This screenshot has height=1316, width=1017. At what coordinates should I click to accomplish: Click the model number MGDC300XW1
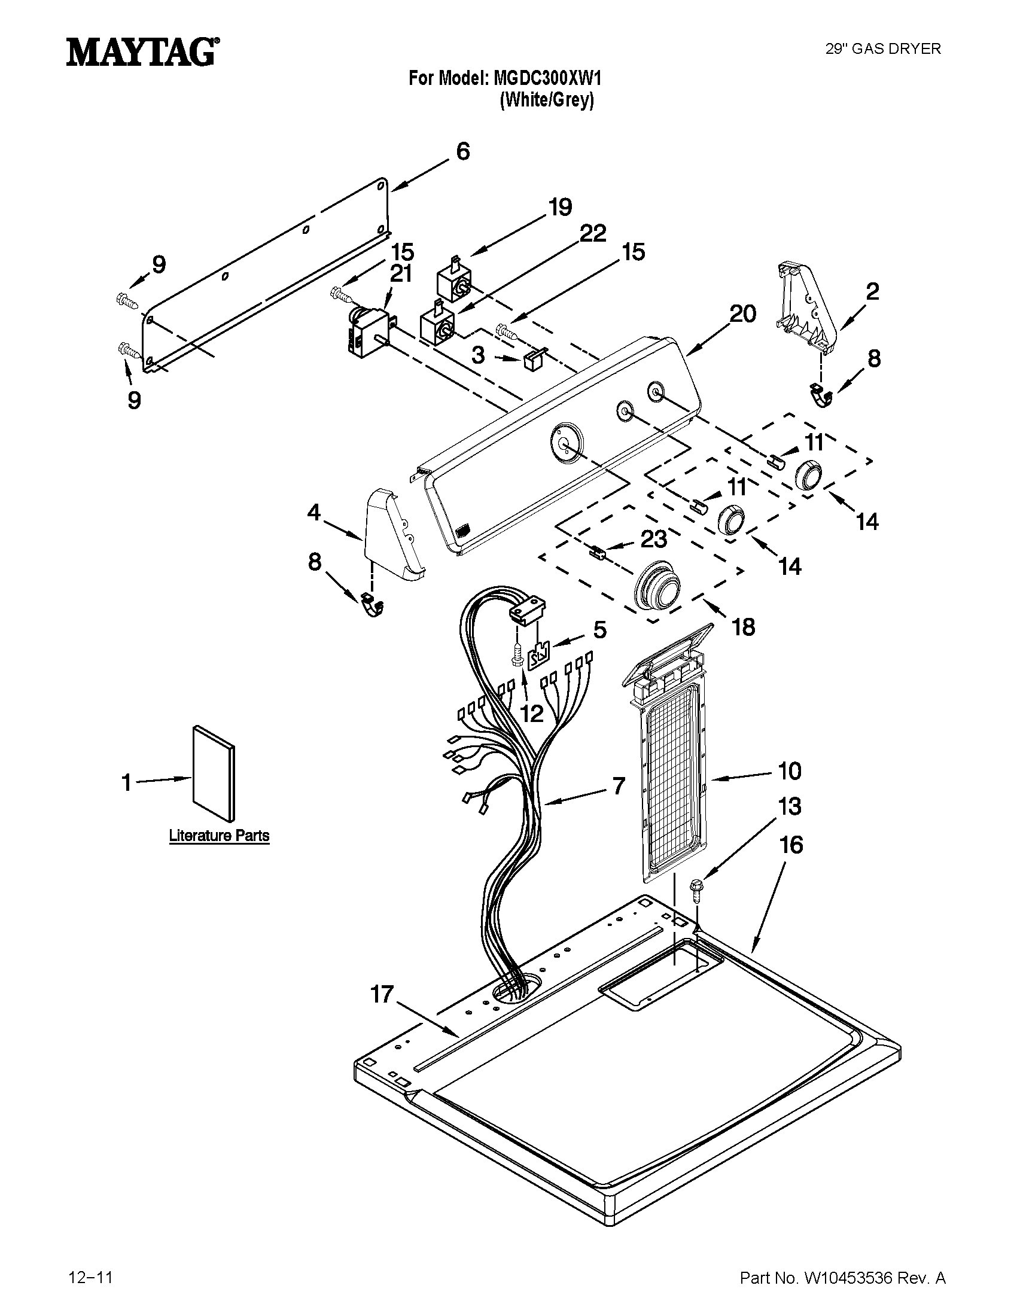[547, 78]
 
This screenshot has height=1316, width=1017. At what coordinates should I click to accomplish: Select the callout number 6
[462, 151]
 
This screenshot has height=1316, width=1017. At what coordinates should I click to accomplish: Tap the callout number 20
[742, 313]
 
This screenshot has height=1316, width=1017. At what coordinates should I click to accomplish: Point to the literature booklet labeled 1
[214, 773]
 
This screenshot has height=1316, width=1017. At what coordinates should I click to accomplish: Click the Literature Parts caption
[219, 836]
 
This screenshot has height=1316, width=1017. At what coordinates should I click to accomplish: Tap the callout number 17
[382, 994]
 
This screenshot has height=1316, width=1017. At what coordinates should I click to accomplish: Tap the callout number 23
[653, 540]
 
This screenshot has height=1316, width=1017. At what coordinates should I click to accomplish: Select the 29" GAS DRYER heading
[882, 49]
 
